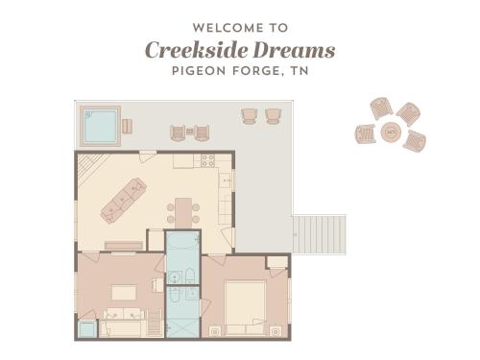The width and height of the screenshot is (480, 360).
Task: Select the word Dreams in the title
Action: point(294,50)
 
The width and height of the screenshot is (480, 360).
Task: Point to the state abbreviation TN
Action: point(300,71)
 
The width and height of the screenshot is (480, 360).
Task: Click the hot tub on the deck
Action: point(101,126)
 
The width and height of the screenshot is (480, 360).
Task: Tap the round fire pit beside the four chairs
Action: point(391,132)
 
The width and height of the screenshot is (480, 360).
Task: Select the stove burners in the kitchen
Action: point(207,161)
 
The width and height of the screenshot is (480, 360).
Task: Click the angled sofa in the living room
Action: point(124,201)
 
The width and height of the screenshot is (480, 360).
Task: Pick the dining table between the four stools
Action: point(183,213)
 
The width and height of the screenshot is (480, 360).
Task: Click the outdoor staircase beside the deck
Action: point(320,234)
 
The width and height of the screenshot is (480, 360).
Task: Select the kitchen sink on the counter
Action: point(227,180)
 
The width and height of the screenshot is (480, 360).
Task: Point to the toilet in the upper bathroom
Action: point(190,276)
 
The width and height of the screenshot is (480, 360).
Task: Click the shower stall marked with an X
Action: point(182,328)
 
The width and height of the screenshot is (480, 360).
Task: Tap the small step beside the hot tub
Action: point(127,126)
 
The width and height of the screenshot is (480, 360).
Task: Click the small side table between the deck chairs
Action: point(190,132)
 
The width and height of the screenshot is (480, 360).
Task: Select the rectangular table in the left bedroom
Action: point(124,292)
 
